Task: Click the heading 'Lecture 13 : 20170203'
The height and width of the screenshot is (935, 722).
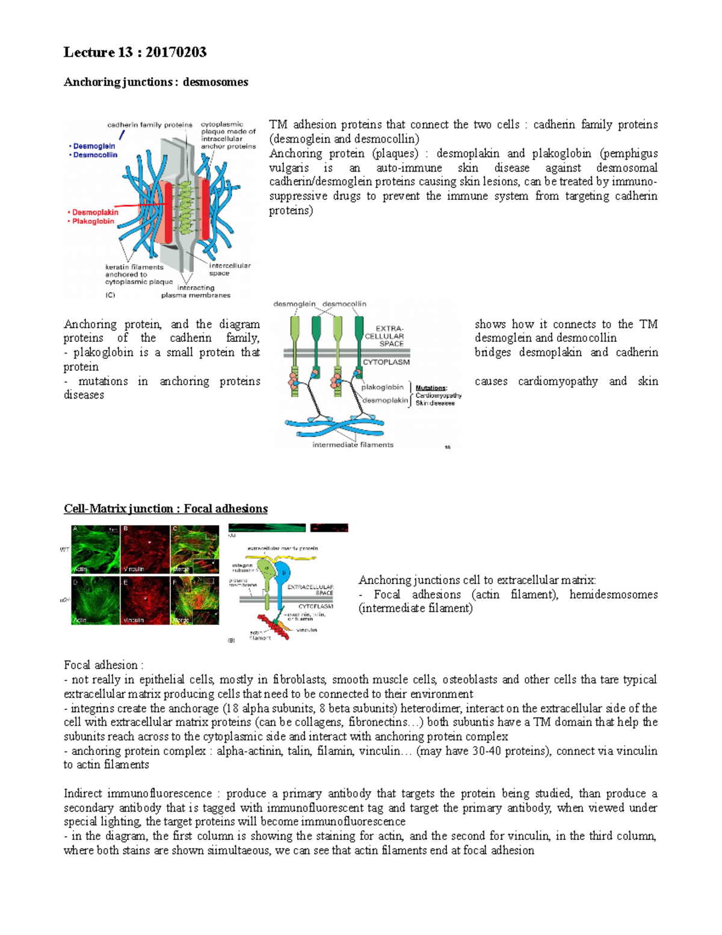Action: click(x=135, y=52)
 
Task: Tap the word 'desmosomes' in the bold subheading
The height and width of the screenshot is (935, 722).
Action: click(x=215, y=82)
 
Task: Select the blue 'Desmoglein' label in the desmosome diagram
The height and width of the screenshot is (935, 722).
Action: click(x=94, y=146)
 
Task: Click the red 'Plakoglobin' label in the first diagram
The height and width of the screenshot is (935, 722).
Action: click(x=93, y=222)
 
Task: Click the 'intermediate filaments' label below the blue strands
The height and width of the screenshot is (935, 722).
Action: click(x=353, y=445)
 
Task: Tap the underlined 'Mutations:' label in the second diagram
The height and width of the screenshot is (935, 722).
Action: click(x=431, y=388)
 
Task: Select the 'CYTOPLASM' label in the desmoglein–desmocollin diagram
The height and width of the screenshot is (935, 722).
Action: click(x=386, y=362)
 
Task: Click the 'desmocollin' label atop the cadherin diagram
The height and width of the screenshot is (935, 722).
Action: click(x=344, y=304)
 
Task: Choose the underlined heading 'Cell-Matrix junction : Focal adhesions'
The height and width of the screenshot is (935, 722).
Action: click(x=165, y=509)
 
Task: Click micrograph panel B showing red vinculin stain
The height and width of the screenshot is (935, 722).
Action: click(x=144, y=549)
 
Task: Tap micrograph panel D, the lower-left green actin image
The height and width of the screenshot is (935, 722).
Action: click(x=95, y=600)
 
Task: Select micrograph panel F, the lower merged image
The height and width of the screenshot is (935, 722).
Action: click(x=194, y=600)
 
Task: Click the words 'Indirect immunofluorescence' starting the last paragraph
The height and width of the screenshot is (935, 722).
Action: click(x=138, y=794)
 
